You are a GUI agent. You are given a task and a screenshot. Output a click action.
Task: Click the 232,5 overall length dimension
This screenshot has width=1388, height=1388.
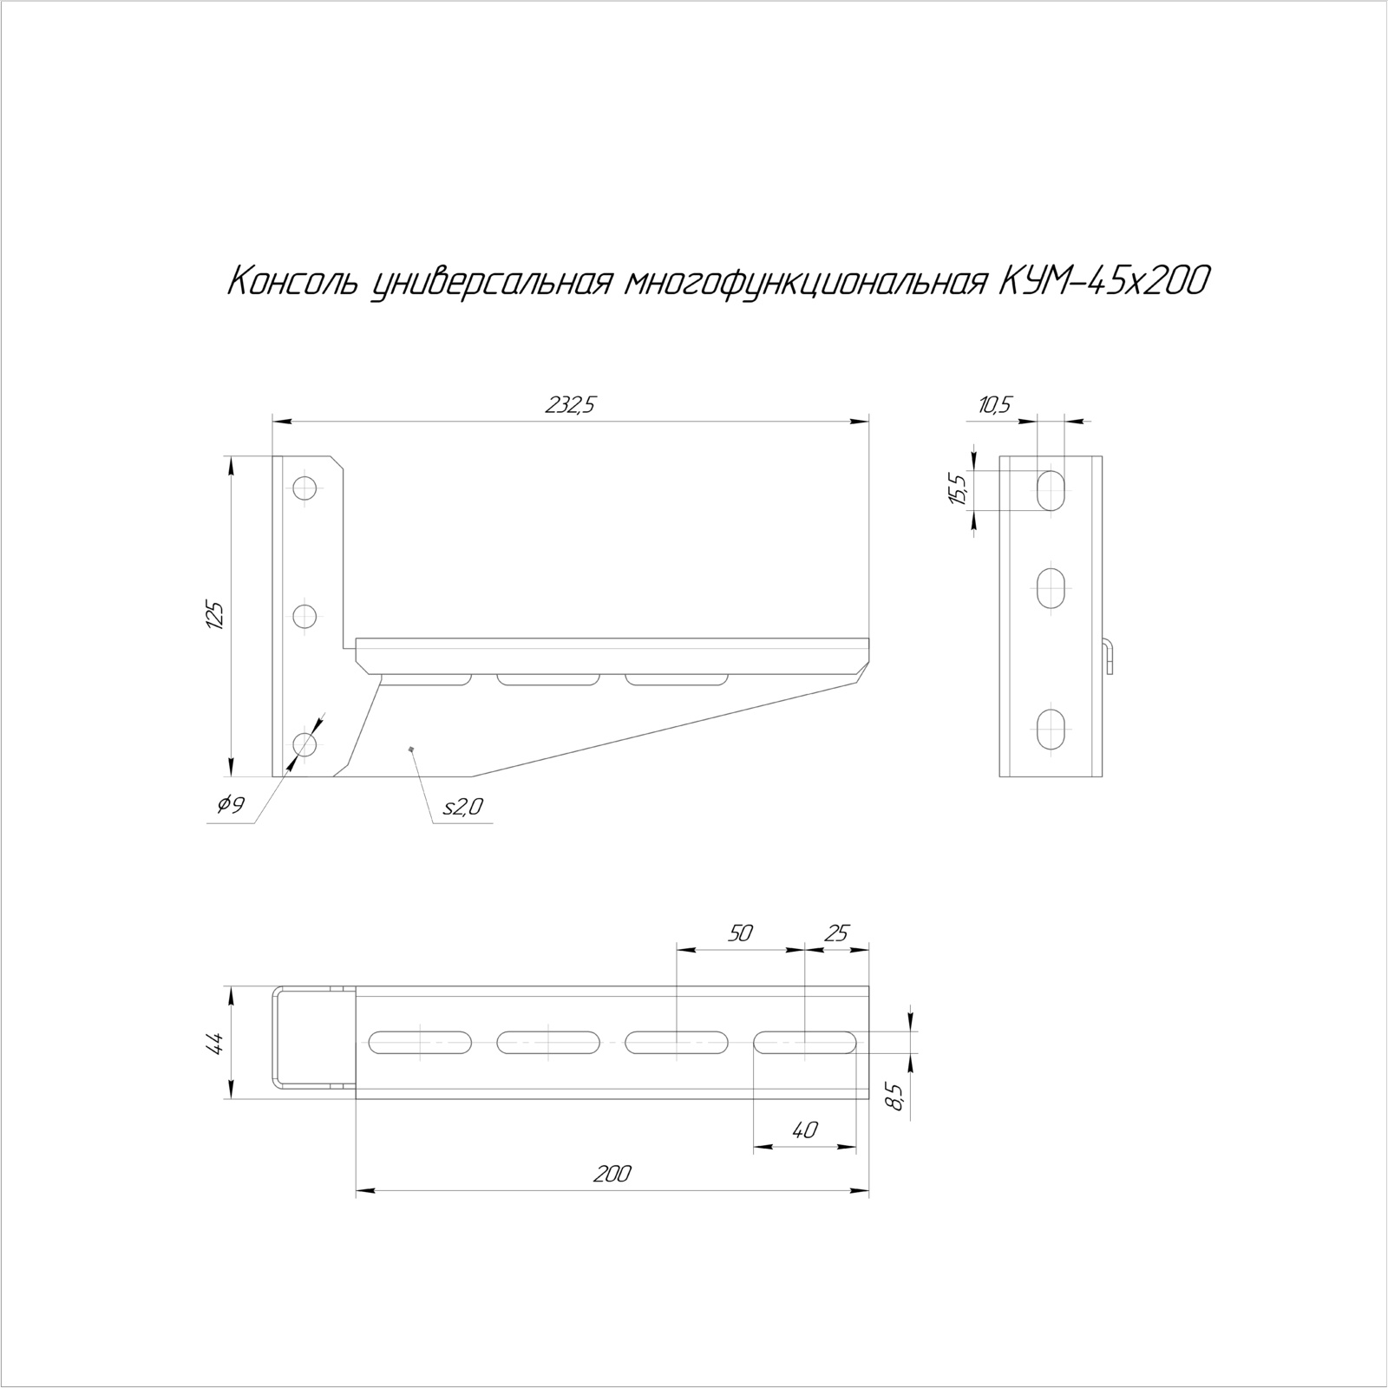pyautogui.click(x=570, y=405)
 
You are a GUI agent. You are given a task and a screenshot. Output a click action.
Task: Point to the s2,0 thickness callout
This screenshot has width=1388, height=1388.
pyautogui.click(x=462, y=808)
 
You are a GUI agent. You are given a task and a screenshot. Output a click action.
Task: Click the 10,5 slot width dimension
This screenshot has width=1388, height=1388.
pyautogui.click(x=995, y=405)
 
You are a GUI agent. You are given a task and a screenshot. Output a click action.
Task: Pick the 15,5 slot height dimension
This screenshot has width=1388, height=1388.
pyautogui.click(x=958, y=491)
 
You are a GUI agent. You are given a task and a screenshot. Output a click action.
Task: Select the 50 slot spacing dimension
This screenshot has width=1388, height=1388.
pyautogui.click(x=740, y=933)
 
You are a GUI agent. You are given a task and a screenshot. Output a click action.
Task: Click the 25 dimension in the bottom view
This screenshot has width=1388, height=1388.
pyautogui.click(x=836, y=933)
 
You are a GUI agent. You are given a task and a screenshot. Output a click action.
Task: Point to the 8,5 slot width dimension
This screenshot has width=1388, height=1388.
pyautogui.click(x=896, y=1097)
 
